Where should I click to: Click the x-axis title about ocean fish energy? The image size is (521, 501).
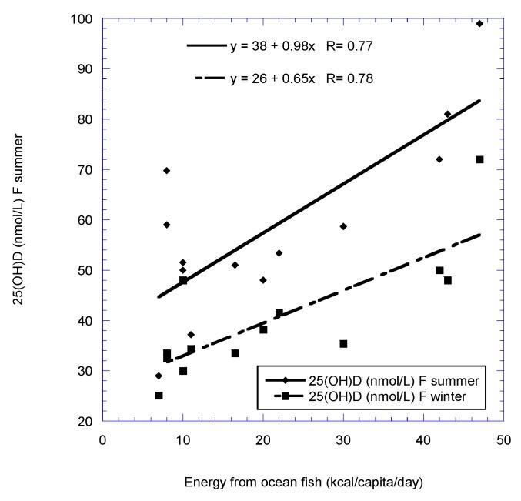pyautogui.click(x=303, y=483)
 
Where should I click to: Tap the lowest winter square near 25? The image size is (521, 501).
pyautogui.click(x=159, y=396)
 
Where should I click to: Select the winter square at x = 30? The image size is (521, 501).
pyautogui.click(x=343, y=344)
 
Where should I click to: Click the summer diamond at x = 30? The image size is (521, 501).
pyautogui.click(x=343, y=226)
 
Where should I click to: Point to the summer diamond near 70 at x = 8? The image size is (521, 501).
pyautogui.click(x=167, y=170)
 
